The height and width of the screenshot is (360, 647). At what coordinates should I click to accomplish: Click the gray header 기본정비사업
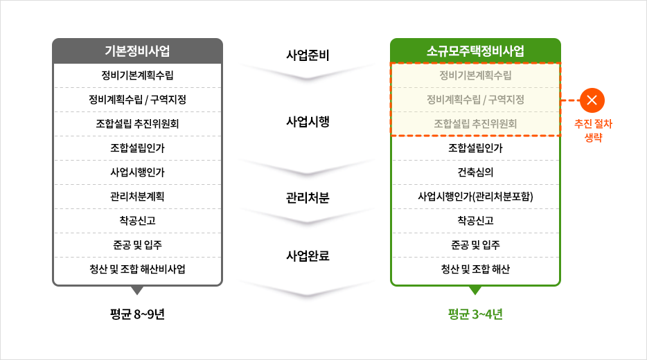(137, 51)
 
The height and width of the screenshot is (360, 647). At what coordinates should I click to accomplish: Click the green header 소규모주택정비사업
(475, 51)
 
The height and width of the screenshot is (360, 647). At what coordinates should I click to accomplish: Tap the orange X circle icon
(592, 100)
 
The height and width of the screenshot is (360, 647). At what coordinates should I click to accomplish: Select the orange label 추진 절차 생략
(594, 130)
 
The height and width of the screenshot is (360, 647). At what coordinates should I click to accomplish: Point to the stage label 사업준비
(308, 55)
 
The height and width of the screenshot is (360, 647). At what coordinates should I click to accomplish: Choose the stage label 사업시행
(308, 121)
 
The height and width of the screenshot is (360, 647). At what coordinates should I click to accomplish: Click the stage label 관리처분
(308, 198)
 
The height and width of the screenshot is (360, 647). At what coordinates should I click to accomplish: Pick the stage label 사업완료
(308, 255)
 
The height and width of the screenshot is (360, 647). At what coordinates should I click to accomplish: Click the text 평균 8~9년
(137, 314)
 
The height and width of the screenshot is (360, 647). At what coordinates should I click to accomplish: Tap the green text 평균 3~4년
(475, 314)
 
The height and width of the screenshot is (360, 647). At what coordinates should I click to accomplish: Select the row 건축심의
(475, 172)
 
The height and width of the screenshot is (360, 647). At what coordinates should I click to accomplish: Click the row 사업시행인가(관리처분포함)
(475, 197)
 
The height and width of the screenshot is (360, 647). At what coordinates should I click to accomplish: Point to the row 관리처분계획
(137, 197)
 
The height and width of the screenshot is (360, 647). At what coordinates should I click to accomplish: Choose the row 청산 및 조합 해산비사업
(137, 269)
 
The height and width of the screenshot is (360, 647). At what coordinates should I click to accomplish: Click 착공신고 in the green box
(475, 221)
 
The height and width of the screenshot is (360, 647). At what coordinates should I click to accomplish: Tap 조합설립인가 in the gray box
(137, 147)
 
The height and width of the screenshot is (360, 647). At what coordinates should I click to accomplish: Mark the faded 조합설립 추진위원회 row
(475, 124)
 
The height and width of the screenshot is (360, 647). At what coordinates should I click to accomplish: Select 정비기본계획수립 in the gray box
(137, 75)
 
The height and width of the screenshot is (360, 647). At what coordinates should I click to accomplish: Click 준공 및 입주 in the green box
(475, 245)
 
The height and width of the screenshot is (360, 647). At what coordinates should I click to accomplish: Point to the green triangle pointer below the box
(475, 290)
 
